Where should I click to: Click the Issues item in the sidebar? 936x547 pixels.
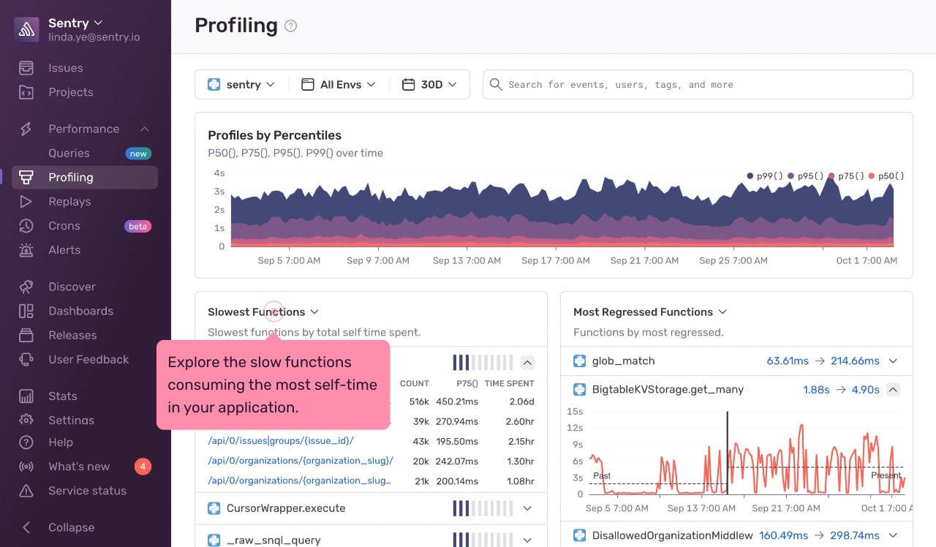point(65,68)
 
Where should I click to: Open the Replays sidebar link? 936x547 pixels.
point(69,201)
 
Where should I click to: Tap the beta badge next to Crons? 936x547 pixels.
point(137,226)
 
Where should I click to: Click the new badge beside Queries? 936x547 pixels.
point(138,154)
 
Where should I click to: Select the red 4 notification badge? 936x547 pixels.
point(143,467)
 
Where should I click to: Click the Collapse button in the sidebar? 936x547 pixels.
point(71,527)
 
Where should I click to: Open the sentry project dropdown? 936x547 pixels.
point(241,84)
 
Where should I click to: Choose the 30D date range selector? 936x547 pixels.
point(429,84)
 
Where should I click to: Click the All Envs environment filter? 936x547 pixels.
point(339,84)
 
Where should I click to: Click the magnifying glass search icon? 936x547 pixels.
point(496,84)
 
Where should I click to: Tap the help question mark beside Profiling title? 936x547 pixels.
point(290,26)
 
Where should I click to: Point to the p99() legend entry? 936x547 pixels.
point(764,176)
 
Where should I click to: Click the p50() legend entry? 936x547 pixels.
point(886,176)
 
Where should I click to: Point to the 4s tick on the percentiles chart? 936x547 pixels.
point(219,173)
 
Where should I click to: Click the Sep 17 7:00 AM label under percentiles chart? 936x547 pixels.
point(555,260)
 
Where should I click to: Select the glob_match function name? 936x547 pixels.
point(623,361)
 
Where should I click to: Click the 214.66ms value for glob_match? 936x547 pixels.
point(855,361)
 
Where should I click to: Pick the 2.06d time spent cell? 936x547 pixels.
point(521,401)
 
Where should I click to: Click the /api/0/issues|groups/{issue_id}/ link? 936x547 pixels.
point(281,441)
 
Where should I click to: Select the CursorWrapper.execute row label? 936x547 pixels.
point(286,508)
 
